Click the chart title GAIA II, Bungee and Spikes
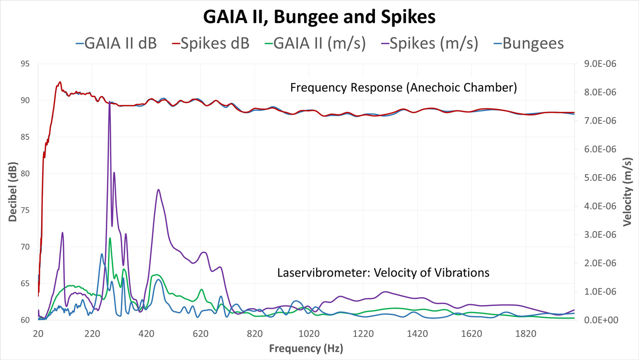tap(319, 17)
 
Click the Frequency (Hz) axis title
tap(306, 348)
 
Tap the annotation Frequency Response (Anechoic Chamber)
tap(403, 87)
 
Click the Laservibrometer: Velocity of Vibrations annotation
tap(383, 273)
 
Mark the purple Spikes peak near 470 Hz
tap(158, 190)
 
